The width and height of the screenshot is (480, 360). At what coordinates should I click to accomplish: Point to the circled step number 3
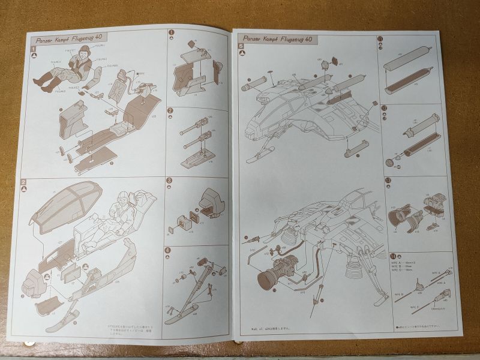pos(170,181)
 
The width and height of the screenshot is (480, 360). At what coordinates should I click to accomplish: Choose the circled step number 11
pos(380,40)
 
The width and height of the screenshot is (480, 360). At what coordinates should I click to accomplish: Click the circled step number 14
pos(391,256)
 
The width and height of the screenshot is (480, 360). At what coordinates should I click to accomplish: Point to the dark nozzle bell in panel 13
pos(400,216)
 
